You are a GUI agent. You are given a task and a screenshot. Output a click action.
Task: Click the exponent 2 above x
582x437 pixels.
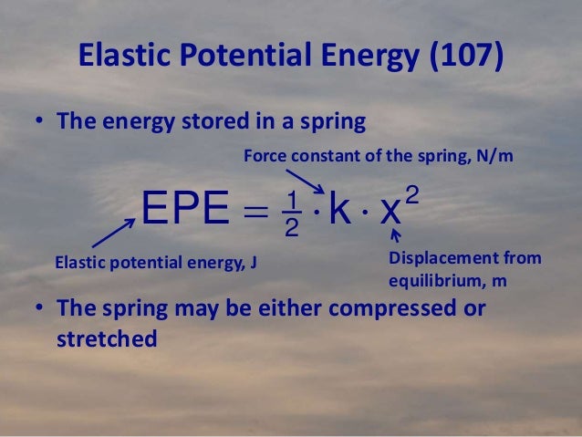[412, 186]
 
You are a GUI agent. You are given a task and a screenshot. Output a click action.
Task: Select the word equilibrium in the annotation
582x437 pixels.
[430, 281]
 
